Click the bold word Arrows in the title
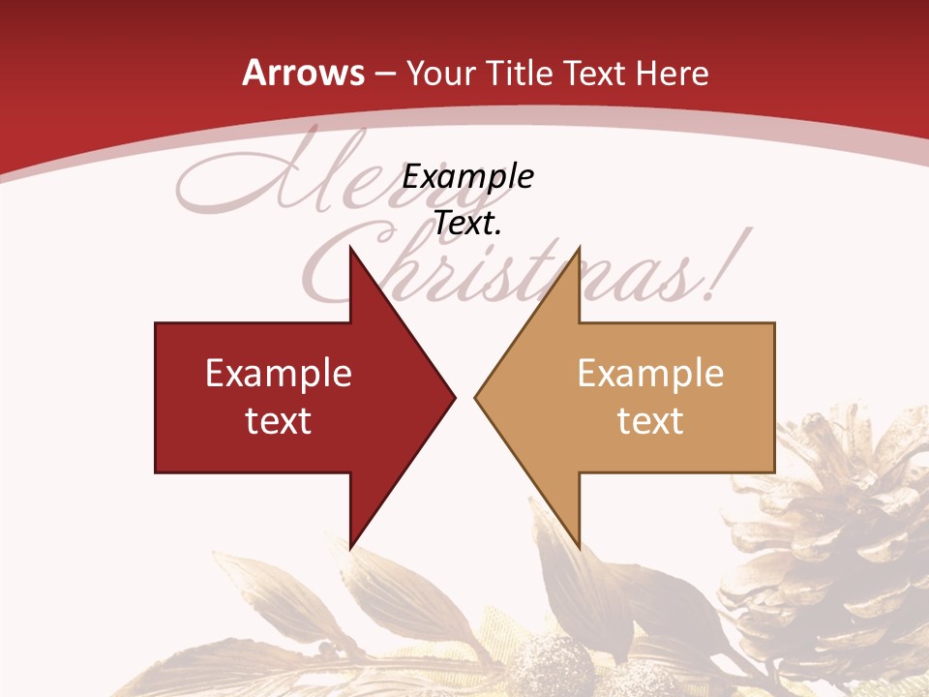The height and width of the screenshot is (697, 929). point(303,73)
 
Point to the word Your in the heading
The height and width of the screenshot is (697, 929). point(441,73)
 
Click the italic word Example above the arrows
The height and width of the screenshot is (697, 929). point(468,176)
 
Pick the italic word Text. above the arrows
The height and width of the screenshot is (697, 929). point(468,224)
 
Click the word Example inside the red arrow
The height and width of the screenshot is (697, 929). point(279,374)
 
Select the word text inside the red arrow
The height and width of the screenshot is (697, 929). point(279,421)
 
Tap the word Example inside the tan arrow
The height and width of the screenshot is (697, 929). point(650,374)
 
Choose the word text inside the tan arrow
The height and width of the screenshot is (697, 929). point(650,421)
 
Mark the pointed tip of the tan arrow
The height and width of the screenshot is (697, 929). point(476,396)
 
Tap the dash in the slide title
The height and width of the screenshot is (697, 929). point(384,74)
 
